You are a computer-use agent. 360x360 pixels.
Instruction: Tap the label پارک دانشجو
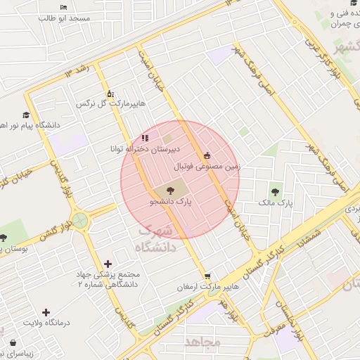pyautogui.click(x=169, y=201)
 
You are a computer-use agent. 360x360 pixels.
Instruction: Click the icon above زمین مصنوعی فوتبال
pyautogui.click(x=207, y=155)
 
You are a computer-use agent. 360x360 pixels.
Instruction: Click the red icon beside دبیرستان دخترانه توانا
pyautogui.click(x=145, y=139)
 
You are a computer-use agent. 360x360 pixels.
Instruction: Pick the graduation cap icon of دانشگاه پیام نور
pyautogui.click(x=26, y=115)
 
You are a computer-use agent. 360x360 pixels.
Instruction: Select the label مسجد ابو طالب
pyautogui.click(x=65, y=18)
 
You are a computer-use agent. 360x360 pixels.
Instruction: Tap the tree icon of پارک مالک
pyautogui.click(x=274, y=191)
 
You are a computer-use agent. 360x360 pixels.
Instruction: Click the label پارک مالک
pyautogui.click(x=274, y=203)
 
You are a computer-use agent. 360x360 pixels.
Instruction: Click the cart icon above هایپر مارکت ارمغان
pyautogui.click(x=207, y=276)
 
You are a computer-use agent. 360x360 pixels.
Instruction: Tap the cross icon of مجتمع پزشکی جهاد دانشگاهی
pyautogui.click(x=106, y=263)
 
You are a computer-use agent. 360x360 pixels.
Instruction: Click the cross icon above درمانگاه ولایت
pyautogui.click(x=46, y=312)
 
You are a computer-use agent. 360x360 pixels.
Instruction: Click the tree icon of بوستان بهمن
pyautogui.click(x=4, y=238)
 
